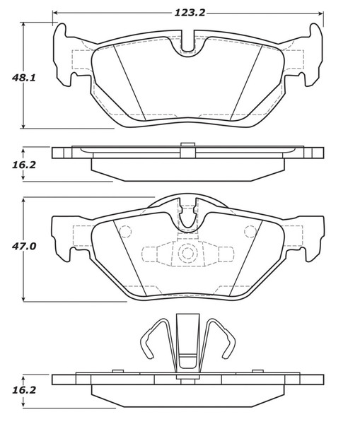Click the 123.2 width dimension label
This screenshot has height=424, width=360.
(x=190, y=13)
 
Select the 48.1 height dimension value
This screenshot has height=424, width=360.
(x=24, y=78)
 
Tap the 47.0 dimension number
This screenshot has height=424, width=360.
(x=24, y=247)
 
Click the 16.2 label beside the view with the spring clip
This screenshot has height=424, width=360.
(x=24, y=390)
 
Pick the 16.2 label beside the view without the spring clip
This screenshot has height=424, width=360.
(x=24, y=165)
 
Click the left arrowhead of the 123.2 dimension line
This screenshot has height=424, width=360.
(x=54, y=13)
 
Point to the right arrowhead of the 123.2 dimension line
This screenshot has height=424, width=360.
(x=321, y=13)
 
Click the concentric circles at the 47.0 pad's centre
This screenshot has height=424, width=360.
(x=187, y=253)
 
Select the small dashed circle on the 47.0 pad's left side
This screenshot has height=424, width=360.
(x=125, y=232)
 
